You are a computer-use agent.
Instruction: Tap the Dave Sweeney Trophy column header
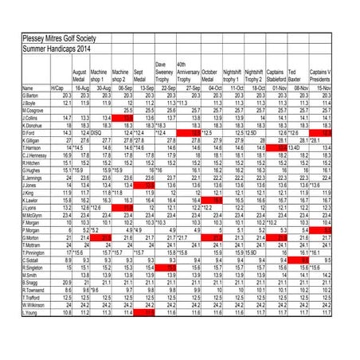click(x=165, y=72)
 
